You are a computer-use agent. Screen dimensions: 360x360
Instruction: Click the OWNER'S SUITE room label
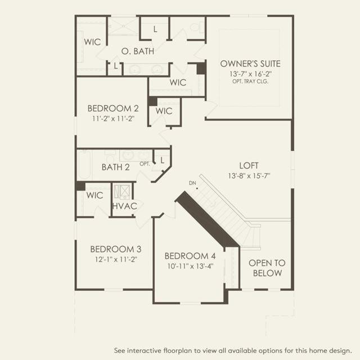tap(250, 64)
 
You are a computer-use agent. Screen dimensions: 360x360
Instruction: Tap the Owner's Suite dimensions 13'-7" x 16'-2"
tap(250, 74)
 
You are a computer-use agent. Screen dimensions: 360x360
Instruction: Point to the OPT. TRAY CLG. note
tap(250, 81)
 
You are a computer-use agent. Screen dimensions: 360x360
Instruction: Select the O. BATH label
tap(138, 51)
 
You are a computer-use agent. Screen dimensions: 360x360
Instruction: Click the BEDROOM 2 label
tap(113, 109)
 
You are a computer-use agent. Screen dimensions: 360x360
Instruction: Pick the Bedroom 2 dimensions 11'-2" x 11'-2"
tap(113, 119)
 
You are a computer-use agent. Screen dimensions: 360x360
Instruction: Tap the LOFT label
tap(249, 165)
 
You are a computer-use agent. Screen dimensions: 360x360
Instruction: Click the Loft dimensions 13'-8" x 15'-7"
tap(249, 176)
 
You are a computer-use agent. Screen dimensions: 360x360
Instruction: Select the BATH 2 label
tap(115, 167)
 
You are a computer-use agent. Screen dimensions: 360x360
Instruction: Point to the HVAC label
tap(125, 206)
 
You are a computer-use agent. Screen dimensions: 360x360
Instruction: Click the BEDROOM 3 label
tap(116, 249)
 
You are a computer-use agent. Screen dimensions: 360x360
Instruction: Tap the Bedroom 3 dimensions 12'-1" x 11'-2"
tap(116, 259)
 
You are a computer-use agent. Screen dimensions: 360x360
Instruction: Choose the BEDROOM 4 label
tap(190, 256)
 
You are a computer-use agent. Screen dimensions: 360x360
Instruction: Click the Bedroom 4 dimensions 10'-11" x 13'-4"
tap(190, 266)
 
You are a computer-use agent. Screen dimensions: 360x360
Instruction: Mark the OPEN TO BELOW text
tap(267, 268)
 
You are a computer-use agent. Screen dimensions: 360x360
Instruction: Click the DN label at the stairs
tap(192, 183)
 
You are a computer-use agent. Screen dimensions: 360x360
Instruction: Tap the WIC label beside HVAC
tap(94, 195)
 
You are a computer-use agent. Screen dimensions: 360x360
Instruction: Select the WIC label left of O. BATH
tap(92, 42)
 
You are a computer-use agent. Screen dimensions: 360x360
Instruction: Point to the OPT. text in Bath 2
tap(145, 164)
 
